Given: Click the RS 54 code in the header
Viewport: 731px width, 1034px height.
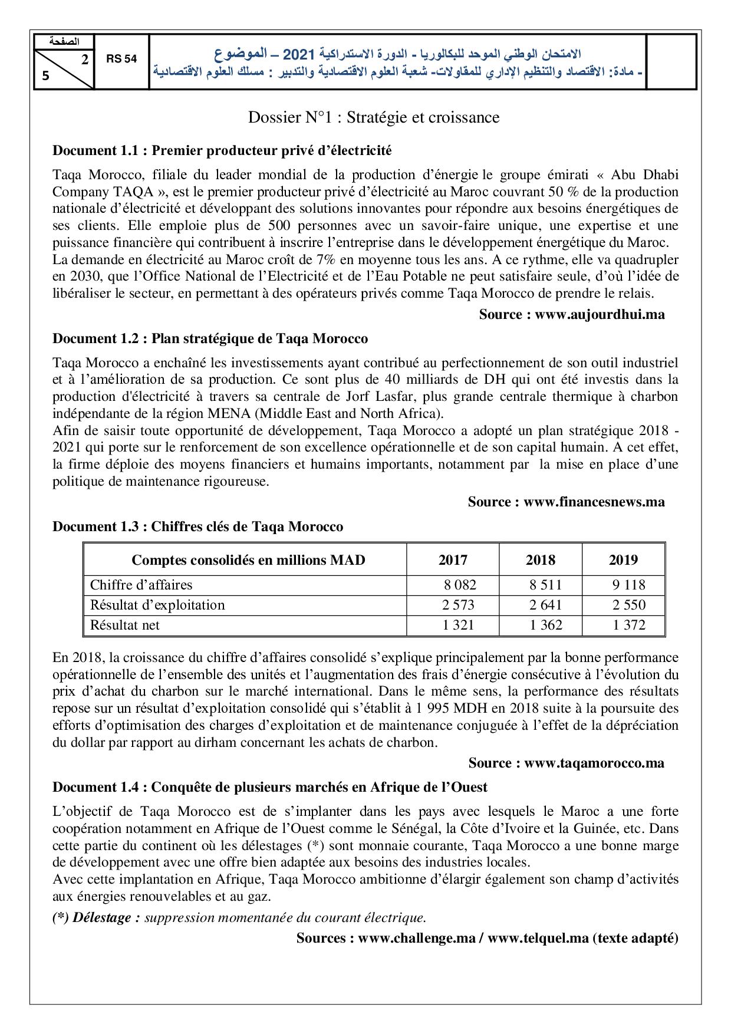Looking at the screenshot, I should [x=122, y=60].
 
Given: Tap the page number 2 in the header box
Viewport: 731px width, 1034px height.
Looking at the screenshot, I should [x=85, y=59].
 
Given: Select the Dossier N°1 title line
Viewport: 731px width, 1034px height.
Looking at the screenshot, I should [x=373, y=117].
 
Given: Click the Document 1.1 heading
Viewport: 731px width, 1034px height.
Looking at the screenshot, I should [x=222, y=150].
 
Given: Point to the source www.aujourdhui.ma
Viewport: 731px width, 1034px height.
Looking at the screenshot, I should [x=571, y=314].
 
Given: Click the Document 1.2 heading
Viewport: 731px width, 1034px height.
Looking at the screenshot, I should [x=210, y=338].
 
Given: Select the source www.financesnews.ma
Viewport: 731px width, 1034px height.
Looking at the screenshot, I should [x=566, y=502].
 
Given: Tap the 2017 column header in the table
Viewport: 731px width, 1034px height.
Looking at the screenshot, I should [x=453, y=559].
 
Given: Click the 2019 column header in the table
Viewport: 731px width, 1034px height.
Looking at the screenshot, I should [x=623, y=559].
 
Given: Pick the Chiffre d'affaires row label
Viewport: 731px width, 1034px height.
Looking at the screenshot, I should [x=141, y=585].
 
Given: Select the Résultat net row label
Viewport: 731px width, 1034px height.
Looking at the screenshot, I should [x=124, y=625].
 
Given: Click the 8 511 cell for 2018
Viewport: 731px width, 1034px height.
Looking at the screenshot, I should [x=545, y=585].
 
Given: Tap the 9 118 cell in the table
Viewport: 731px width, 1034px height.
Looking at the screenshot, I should [x=629, y=585].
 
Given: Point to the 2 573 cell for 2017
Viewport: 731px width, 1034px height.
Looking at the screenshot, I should [x=458, y=605].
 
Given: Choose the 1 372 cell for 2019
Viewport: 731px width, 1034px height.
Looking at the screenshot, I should [x=629, y=625].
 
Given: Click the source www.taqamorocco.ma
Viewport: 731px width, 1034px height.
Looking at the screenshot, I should [x=566, y=763].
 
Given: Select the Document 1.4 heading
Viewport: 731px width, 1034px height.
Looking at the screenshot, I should [x=270, y=787].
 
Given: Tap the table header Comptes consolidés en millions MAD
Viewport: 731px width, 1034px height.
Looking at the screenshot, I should [x=248, y=559].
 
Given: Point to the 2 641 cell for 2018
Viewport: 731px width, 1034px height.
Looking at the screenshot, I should [x=545, y=605].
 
